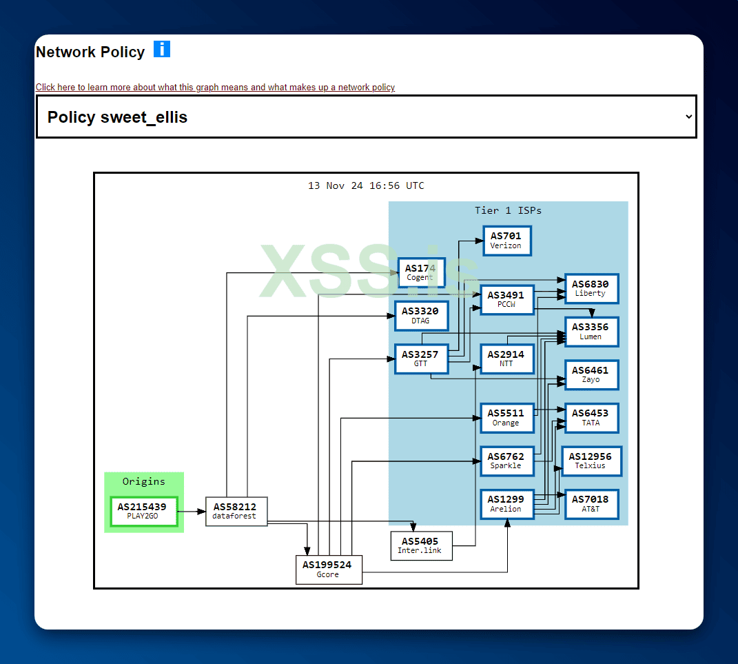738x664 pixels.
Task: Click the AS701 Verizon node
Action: point(506,241)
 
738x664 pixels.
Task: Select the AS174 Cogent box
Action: point(421,272)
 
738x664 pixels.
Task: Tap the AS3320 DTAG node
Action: point(420,316)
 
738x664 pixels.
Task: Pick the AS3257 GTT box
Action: point(420,359)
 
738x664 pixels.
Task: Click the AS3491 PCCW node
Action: point(506,299)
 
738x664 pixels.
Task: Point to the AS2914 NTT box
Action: point(506,359)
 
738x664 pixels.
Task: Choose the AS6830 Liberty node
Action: point(591,288)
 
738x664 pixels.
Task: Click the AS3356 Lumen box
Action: point(591,332)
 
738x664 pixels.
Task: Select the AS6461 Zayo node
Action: point(591,374)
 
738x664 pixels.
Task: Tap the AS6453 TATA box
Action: point(591,418)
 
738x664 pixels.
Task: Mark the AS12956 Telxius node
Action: point(591,461)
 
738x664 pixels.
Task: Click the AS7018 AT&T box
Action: point(591,504)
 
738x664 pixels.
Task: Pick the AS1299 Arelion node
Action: point(506,504)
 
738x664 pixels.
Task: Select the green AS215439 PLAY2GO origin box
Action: point(143,511)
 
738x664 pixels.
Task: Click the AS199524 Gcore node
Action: point(328,570)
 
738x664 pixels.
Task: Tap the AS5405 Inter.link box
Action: point(420,545)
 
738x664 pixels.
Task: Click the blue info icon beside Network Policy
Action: point(162,49)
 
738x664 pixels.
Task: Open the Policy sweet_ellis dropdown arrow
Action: point(688,117)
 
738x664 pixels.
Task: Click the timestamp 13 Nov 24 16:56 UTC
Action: point(366,185)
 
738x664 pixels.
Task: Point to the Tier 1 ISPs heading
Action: point(508,210)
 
